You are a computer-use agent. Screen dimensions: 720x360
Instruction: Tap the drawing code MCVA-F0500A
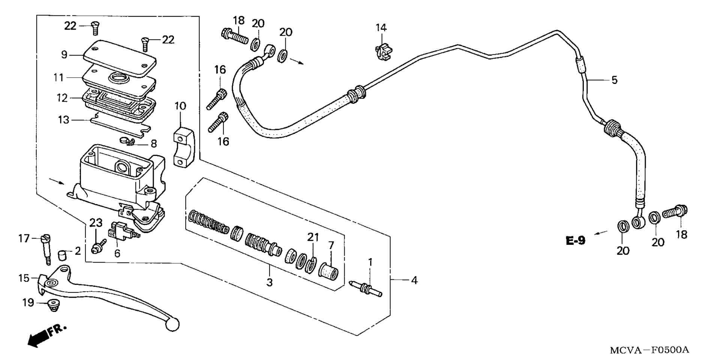[x=649, y=350]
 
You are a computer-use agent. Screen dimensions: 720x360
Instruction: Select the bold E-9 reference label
[x=575, y=240]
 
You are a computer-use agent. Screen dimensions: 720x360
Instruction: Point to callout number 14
[x=381, y=27]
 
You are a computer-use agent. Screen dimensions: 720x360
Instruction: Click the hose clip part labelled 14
[x=382, y=51]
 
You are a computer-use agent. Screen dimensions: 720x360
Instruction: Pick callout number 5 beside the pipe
[x=614, y=80]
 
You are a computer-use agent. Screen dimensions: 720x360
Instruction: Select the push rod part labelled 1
[x=365, y=288]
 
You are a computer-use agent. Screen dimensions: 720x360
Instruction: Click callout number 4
[x=414, y=280]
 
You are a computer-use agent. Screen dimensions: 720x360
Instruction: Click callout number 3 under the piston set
[x=269, y=282]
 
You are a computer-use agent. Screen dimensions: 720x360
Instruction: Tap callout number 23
[x=96, y=223]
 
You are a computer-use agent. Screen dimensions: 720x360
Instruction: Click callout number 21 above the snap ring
[x=313, y=237]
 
